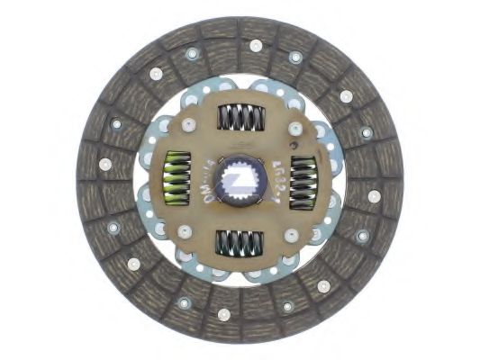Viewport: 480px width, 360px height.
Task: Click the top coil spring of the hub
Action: tap(240, 117)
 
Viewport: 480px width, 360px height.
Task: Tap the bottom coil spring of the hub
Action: tap(240, 243)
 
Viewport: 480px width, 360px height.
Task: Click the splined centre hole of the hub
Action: tap(240, 180)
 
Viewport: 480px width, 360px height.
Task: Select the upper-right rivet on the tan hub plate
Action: tap(294, 130)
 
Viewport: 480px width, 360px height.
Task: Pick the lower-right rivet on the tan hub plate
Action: tap(292, 235)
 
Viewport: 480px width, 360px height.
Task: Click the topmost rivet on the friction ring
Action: tap(257, 45)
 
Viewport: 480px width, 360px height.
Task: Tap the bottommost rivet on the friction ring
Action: tap(223, 314)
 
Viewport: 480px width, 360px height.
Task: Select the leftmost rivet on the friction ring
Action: tap(105, 164)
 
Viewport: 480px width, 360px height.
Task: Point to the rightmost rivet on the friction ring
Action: tap(375, 195)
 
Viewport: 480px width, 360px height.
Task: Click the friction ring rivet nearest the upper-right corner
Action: tap(347, 96)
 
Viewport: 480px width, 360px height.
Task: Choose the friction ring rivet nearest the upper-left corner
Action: tap(156, 74)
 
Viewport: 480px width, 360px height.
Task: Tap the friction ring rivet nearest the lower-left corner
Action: tap(134, 264)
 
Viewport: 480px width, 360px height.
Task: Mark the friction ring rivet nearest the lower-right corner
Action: tap(324, 286)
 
